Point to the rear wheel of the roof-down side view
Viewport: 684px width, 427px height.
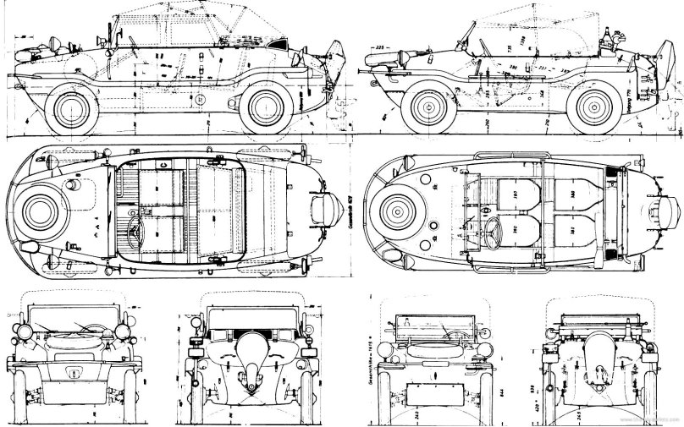tap(602, 108)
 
